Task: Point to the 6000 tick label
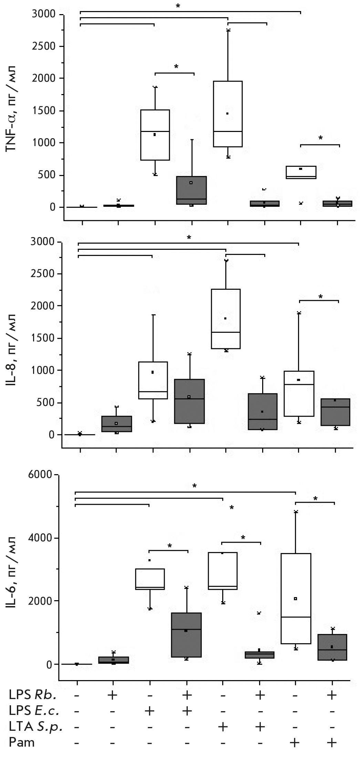click(x=41, y=475)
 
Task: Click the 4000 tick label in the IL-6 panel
click(x=41, y=538)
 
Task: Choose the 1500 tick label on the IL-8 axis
click(x=44, y=338)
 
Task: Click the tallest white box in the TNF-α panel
click(x=228, y=114)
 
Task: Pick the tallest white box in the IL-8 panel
click(x=226, y=319)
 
